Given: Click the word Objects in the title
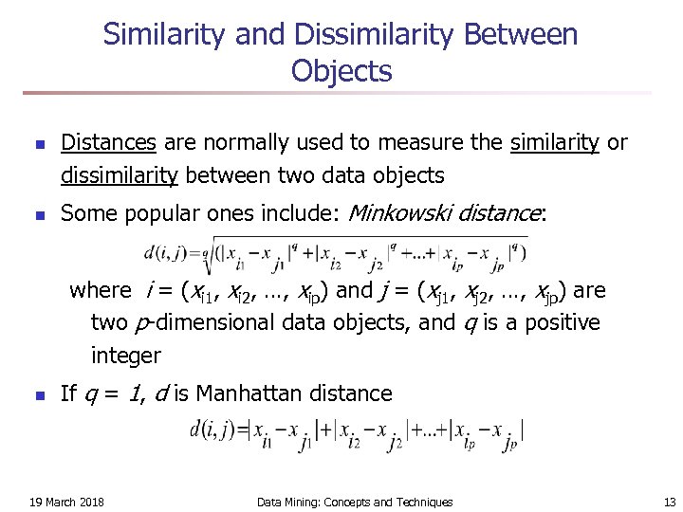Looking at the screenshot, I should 341,71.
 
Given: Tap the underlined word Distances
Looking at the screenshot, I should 108,143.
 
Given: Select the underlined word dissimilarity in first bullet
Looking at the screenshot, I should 120,175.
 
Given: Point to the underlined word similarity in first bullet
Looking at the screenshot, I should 555,143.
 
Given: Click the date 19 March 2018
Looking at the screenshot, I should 66,502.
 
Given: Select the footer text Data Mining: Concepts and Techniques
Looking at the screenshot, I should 355,502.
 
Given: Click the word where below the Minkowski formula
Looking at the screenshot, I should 101,290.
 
